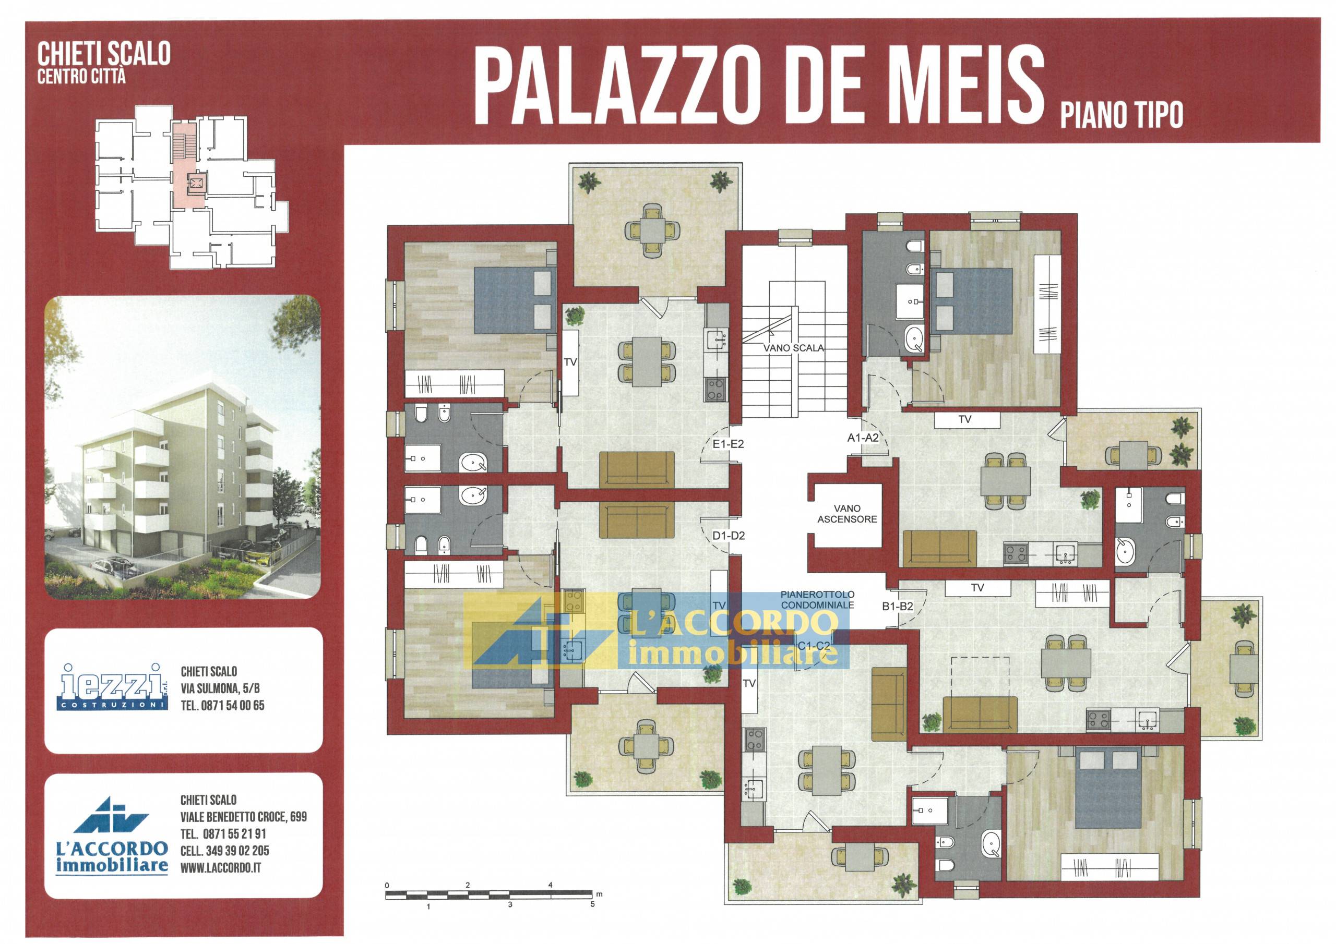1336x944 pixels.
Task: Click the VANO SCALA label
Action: (794, 348)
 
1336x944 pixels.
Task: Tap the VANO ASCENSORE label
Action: (846, 514)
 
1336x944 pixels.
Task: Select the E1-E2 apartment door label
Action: (728, 444)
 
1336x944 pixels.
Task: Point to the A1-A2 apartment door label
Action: (862, 438)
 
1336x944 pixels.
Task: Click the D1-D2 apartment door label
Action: (729, 536)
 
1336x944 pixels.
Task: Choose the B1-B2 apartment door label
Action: (897, 607)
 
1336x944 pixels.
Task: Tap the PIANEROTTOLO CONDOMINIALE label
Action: (818, 600)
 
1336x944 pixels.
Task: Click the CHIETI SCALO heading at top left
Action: (103, 55)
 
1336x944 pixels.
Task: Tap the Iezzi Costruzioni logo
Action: (112, 687)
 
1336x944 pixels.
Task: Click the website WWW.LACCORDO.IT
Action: (221, 868)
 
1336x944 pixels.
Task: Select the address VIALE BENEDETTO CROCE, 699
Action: (243, 817)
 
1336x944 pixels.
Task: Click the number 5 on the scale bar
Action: (592, 904)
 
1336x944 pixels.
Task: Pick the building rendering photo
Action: (182, 446)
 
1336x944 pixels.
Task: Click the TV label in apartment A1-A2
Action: (964, 419)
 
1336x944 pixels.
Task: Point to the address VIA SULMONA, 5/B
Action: (220, 688)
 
